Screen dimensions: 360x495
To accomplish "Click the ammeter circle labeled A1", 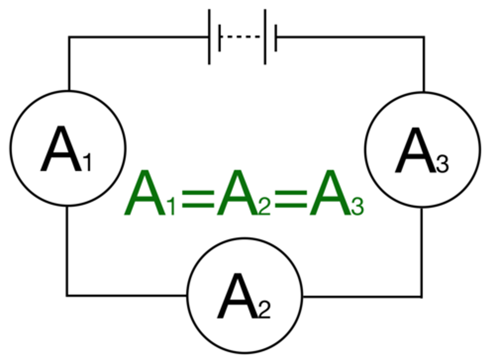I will [68, 148].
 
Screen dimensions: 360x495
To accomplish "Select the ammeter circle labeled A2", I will [245, 295].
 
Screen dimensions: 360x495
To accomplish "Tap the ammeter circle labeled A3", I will [422, 150].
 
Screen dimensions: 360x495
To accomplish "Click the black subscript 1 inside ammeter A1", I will [88, 163].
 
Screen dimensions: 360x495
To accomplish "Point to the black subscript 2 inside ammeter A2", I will [265, 310].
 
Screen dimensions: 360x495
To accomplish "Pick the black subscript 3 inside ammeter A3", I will [443, 164].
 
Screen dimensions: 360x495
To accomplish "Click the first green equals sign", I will [198, 199].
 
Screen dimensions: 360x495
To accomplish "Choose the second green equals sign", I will [291, 199].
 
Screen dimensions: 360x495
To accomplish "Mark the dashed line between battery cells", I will [241, 37].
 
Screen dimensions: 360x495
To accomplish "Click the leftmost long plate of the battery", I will [209, 37].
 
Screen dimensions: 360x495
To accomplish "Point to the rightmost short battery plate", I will [276, 38].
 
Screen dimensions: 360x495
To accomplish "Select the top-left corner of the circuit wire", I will [69, 37].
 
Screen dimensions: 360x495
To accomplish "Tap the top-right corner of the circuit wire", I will [423, 37].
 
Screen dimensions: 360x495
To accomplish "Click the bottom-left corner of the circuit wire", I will [67, 295].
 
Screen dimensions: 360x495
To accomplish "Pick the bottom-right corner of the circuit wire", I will [422, 296].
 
